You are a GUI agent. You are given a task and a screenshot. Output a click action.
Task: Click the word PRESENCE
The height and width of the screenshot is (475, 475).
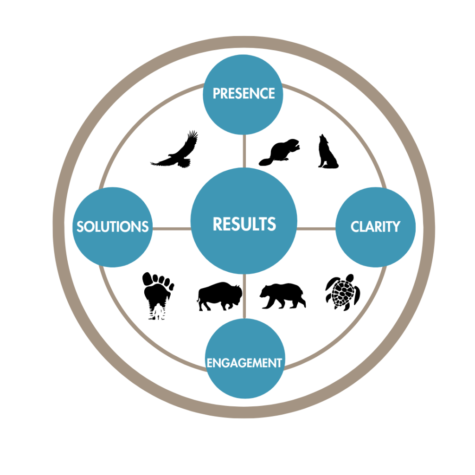(244, 93)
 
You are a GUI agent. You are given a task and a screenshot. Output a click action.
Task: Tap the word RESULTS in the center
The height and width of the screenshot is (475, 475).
(244, 224)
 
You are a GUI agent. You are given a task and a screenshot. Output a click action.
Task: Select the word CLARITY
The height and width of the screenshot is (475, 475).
(375, 226)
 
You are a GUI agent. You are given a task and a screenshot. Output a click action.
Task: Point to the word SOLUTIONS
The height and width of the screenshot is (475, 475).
(112, 226)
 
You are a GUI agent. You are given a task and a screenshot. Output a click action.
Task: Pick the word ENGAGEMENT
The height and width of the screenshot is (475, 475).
(244, 363)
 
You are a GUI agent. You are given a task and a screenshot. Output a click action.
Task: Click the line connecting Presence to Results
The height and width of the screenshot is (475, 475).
(244, 151)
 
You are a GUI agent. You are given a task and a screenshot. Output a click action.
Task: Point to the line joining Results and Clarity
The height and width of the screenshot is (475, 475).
(316, 228)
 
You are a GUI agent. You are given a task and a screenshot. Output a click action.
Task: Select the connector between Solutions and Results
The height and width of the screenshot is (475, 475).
(172, 228)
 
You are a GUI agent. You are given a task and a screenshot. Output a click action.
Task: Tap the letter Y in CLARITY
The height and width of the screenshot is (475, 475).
(395, 226)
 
